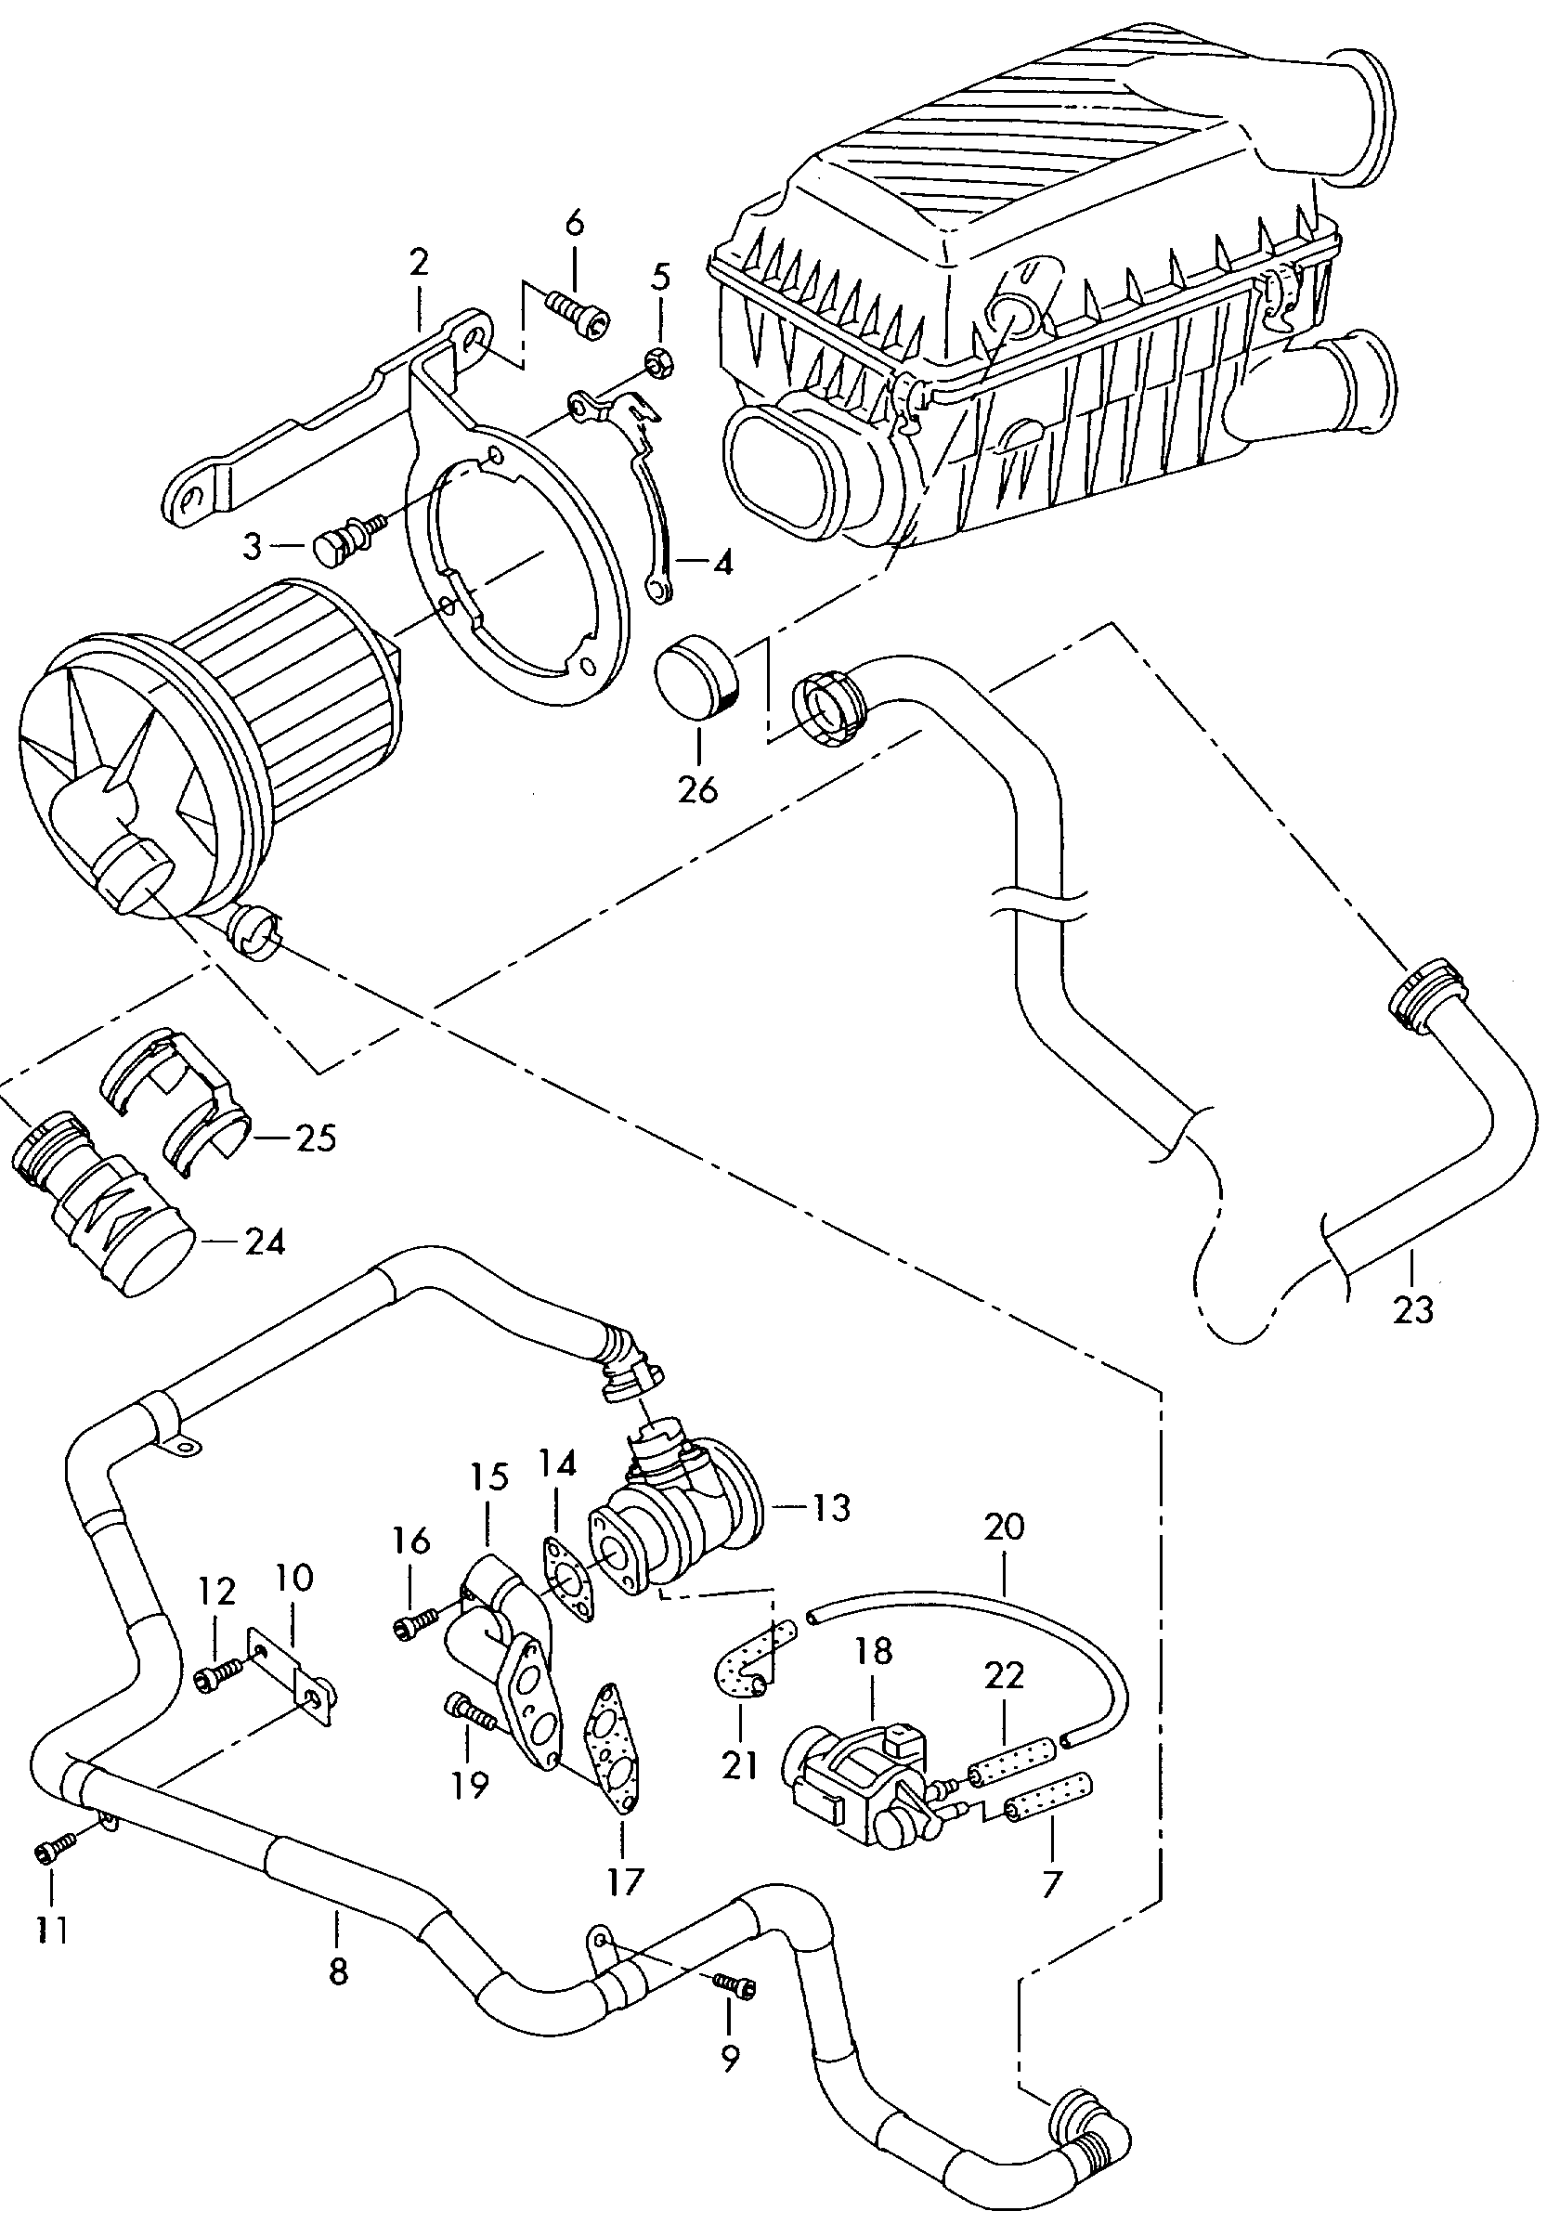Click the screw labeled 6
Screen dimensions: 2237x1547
click(579, 315)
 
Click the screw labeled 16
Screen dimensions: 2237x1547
click(413, 1630)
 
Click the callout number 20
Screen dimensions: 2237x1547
click(1003, 1527)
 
